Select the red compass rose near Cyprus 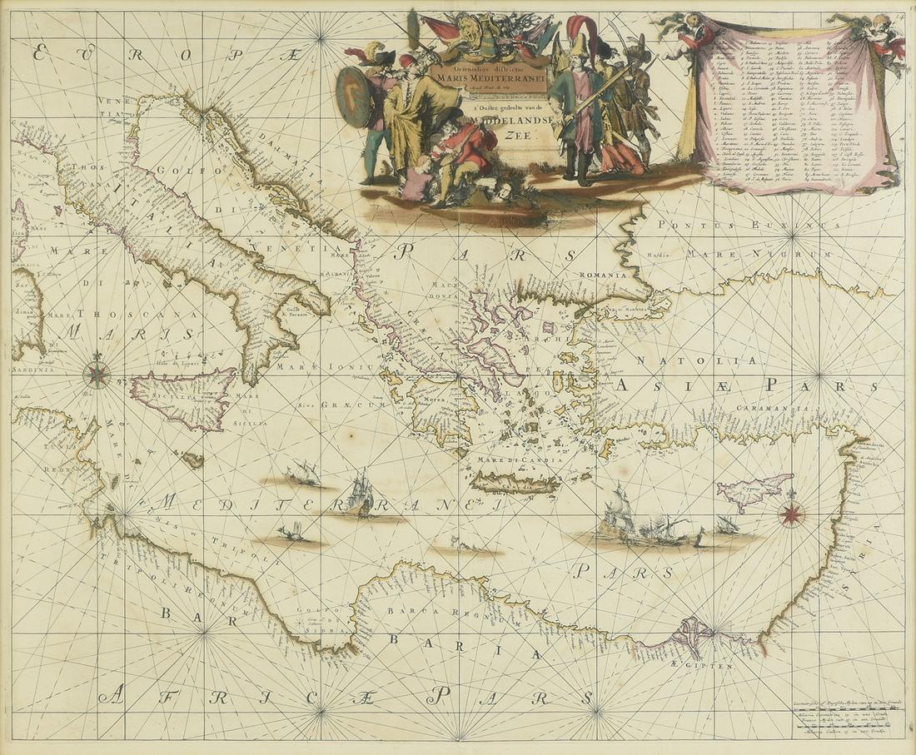point(789,514)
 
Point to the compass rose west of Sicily point(97,375)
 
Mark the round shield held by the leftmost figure point(355,97)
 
